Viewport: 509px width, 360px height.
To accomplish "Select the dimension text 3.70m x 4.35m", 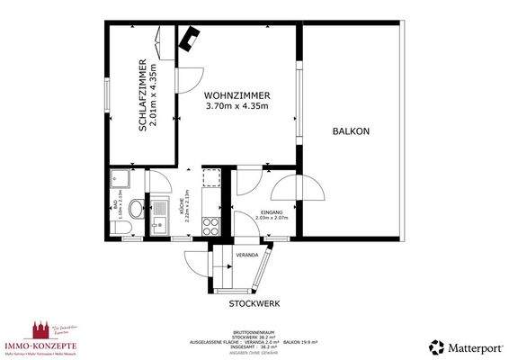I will (237, 106).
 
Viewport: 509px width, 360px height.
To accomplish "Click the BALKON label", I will (351, 131).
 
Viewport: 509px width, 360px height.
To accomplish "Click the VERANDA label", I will (247, 256).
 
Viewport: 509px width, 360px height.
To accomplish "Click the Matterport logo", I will (462, 346).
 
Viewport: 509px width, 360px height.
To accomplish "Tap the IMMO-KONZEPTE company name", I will (41, 345).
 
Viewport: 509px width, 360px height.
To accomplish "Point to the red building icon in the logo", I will (39, 328).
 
